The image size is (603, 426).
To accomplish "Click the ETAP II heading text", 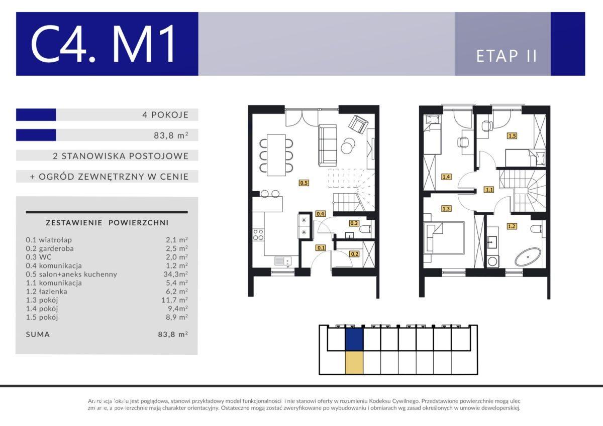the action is tap(507, 56).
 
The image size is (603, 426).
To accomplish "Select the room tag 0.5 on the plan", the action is tap(304, 183).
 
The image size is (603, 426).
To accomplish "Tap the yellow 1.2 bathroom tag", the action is tap(512, 226).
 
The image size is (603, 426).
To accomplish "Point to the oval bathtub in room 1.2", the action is tap(528, 257).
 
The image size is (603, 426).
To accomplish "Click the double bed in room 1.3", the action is tap(444, 238).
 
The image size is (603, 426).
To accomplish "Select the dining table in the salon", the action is tap(276, 155).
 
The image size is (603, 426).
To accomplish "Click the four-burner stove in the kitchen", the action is tap(258, 235).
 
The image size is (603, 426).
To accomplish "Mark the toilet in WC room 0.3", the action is tap(365, 230).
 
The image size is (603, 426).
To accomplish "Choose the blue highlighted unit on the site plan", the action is tap(354, 340).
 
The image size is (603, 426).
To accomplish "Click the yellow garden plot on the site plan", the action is tap(354, 363).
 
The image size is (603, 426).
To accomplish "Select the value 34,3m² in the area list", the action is tap(175, 274).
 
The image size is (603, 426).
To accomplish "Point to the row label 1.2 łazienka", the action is tap(47, 292).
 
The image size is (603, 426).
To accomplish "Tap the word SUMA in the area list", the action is tap(38, 334).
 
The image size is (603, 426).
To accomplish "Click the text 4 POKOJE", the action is tap(165, 115).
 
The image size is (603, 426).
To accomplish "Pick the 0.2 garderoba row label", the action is tap(50, 248).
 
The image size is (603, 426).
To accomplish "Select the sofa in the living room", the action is tap(327, 145).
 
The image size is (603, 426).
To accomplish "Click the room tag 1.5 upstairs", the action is tap(512, 136).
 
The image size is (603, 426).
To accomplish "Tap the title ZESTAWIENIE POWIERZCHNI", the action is tap(107, 223).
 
